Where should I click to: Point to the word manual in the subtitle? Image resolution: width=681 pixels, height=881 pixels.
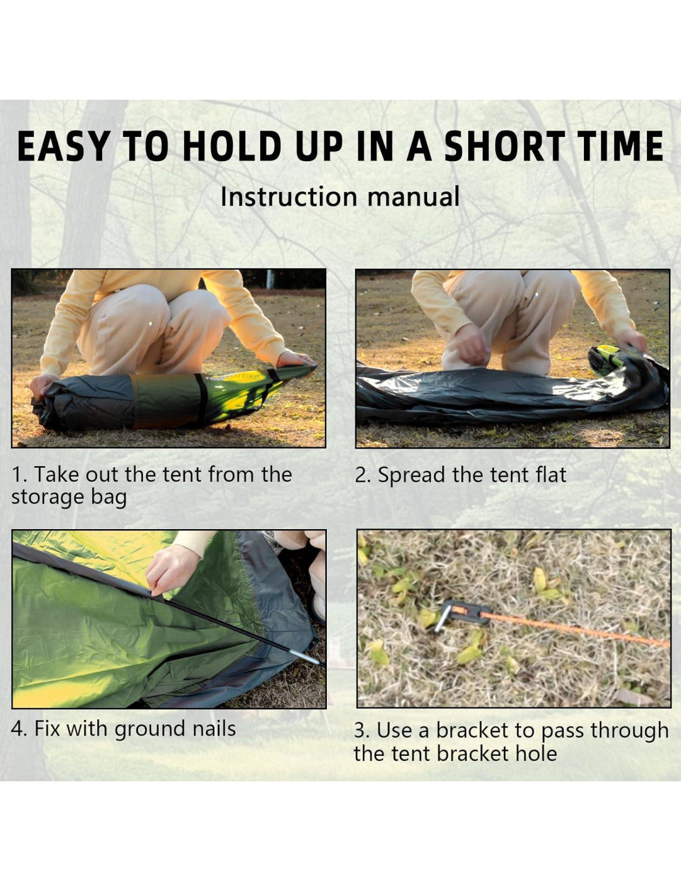click(x=413, y=196)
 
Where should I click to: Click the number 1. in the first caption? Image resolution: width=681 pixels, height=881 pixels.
click(x=20, y=475)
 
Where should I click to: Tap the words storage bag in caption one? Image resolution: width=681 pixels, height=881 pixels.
click(x=69, y=498)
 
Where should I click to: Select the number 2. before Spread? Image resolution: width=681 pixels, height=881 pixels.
click(x=363, y=475)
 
